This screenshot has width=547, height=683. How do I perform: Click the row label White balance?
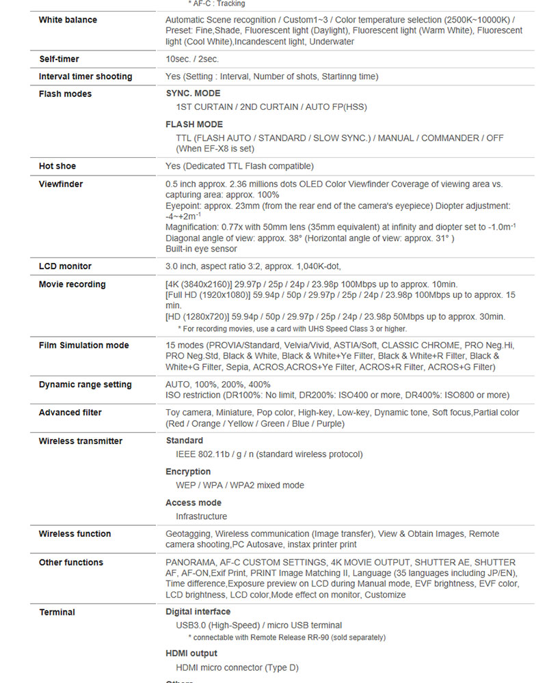[68, 20]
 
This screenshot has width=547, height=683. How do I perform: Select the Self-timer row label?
[59, 59]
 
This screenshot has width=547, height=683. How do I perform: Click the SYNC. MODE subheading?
[193, 93]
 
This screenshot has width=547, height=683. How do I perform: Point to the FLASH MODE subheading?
[194, 124]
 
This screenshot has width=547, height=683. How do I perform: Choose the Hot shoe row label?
[57, 166]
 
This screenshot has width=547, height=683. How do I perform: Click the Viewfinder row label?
[61, 184]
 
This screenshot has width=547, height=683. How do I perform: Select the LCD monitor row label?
[65, 266]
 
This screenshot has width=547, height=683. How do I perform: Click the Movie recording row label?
[72, 284]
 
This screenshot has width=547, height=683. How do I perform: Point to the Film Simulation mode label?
[83, 345]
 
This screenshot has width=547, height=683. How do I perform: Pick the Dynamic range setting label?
[85, 385]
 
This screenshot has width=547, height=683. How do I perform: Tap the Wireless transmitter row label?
[81, 441]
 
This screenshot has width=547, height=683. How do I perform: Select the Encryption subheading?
[188, 471]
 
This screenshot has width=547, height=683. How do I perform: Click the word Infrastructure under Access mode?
[201, 516]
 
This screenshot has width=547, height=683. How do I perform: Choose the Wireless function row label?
[75, 533]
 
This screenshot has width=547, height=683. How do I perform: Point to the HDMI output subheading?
[191, 654]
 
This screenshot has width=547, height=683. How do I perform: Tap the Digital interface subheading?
[198, 611]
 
